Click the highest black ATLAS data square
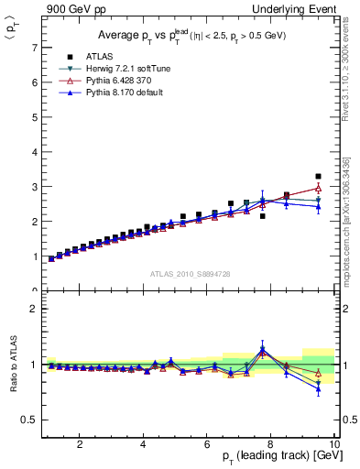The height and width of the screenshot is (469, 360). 318,176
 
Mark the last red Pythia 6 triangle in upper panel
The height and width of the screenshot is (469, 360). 318,189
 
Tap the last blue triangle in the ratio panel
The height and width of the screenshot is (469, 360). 318,389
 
